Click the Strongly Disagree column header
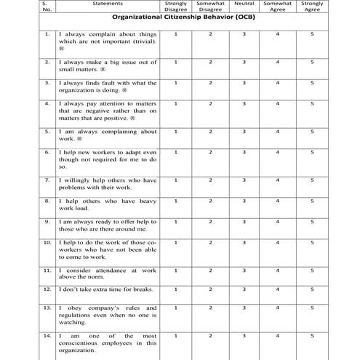[x=175, y=7]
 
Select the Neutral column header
[x=244, y=4]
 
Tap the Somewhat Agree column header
[x=278, y=7]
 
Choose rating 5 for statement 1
[x=312, y=34]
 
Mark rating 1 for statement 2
[x=175, y=62]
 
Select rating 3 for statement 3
[x=244, y=82]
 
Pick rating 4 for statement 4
[x=278, y=103]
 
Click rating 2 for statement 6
[x=210, y=151]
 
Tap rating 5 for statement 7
[x=312, y=179]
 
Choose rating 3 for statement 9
[x=244, y=220]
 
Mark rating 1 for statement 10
[x=175, y=241]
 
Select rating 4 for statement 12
[x=278, y=289]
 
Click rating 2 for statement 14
[x=210, y=336]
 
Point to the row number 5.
[x=47, y=131]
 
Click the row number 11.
[x=47, y=269]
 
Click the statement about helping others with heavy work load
[x=107, y=203]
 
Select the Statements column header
[x=108, y=4]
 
